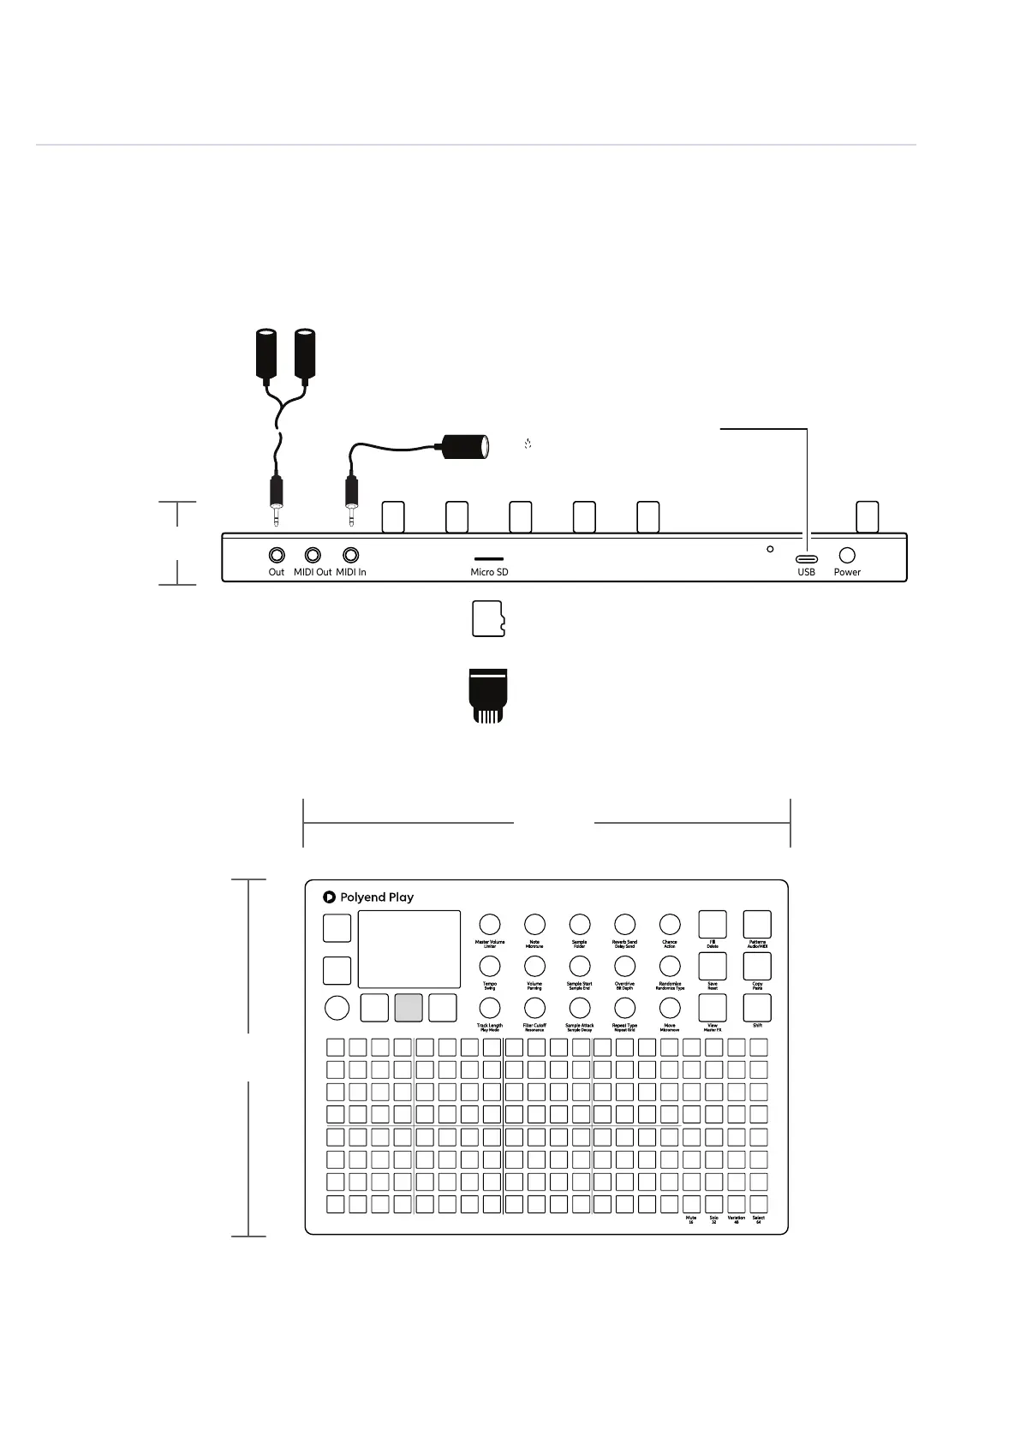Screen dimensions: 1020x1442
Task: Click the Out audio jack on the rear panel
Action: click(x=277, y=555)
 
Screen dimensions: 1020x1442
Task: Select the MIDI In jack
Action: click(x=350, y=555)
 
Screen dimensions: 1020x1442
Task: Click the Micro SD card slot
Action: click(x=489, y=557)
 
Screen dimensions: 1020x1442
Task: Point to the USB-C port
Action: click(x=807, y=558)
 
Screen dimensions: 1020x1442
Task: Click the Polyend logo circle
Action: click(x=329, y=897)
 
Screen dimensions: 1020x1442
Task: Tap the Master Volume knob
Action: click(x=490, y=924)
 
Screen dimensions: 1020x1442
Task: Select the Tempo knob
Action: click(x=490, y=966)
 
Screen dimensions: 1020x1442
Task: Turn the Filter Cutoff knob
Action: click(x=534, y=1008)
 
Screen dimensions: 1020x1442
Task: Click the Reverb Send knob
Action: click(x=625, y=924)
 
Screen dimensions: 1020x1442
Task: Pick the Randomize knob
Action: click(x=670, y=966)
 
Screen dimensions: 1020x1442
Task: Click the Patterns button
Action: click(x=757, y=924)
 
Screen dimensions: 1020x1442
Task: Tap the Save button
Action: click(x=713, y=966)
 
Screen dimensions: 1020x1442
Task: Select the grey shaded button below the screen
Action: click(x=409, y=1008)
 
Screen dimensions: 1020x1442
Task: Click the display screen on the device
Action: click(x=409, y=949)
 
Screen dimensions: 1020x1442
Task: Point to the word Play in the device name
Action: click(x=401, y=897)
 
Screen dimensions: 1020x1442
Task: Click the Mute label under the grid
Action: click(x=691, y=1218)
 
